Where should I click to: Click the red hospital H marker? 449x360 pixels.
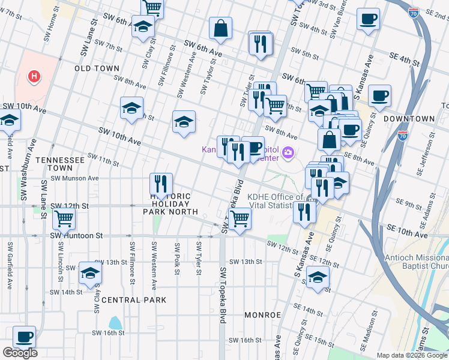(35, 76)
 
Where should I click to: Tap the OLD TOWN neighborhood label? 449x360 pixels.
(97, 69)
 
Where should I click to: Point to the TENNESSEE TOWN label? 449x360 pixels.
(60, 160)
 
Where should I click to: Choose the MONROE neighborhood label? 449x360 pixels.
(263, 314)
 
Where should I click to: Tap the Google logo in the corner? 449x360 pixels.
(20, 353)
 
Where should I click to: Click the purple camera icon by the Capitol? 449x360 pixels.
(288, 154)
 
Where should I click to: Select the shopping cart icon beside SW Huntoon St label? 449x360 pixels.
(64, 219)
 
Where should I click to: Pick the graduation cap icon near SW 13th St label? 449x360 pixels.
(90, 273)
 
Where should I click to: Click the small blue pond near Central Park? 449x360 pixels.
(115, 323)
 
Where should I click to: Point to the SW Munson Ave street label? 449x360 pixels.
(74, 178)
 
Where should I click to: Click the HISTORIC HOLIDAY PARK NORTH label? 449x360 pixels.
(170, 204)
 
